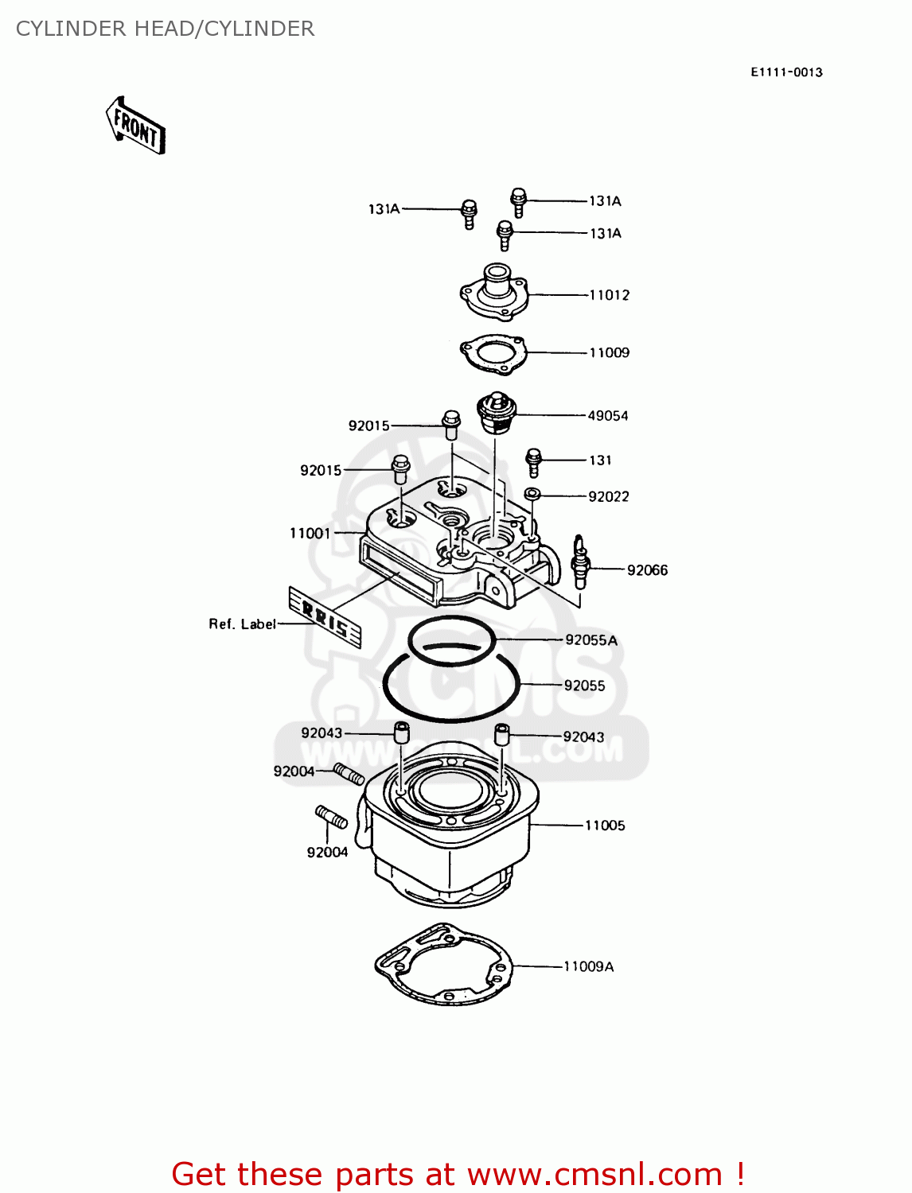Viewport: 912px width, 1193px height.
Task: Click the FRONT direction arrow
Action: coord(135,126)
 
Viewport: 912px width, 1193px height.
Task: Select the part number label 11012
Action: coord(609,295)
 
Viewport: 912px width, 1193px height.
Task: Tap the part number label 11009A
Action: coord(588,966)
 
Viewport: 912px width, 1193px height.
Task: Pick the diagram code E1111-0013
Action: coord(786,72)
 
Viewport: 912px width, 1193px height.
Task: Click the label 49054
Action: coord(607,415)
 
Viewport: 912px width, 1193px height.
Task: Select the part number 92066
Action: coord(647,569)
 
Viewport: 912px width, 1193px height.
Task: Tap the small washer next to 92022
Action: coord(533,495)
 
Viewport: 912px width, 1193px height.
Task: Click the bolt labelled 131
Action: coord(534,461)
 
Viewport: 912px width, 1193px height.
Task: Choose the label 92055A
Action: coord(591,639)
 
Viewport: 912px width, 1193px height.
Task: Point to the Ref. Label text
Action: coord(242,624)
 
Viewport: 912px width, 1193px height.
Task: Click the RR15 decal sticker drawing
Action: coord(325,617)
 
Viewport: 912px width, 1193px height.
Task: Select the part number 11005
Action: coord(605,826)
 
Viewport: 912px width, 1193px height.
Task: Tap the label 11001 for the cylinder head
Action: coord(310,533)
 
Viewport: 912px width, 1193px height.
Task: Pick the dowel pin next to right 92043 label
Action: coord(502,733)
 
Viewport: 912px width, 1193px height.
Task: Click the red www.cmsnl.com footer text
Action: coord(458,1174)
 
